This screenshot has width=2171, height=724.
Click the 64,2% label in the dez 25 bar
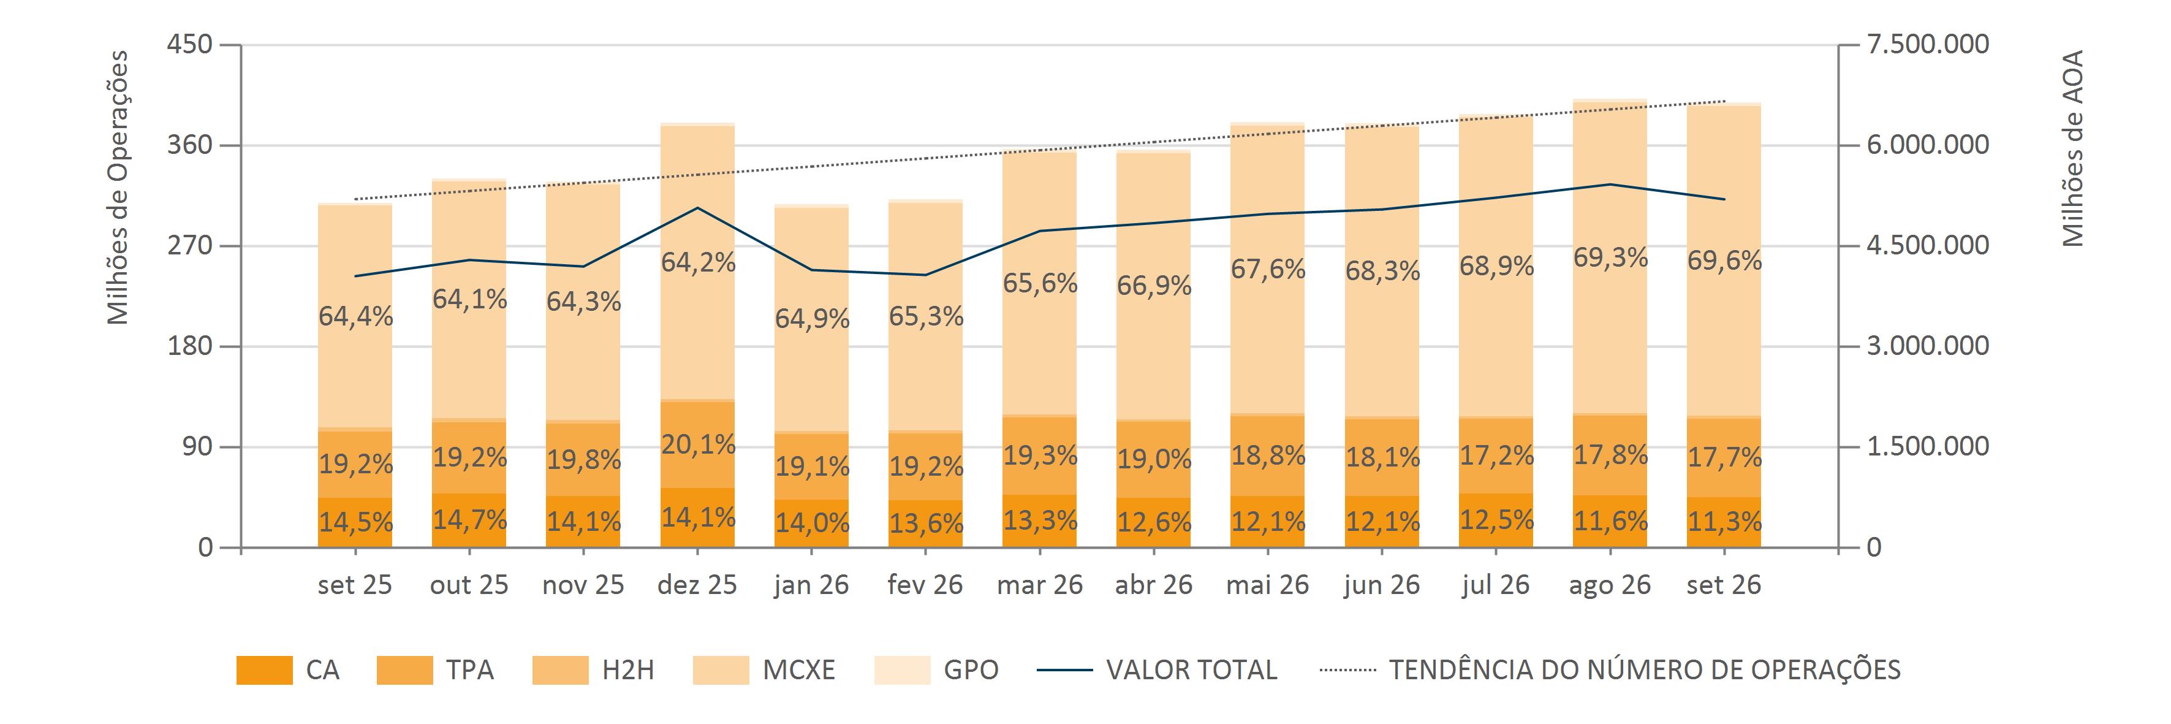pyautogui.click(x=698, y=263)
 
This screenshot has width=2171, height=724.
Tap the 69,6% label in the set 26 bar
pyautogui.click(x=1724, y=261)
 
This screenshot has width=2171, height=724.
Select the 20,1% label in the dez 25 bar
pyautogui.click(x=698, y=444)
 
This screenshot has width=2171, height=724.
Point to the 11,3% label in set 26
pyautogui.click(x=1724, y=522)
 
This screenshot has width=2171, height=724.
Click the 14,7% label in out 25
pyautogui.click(x=469, y=519)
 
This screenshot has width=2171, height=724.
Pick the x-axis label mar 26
pyautogui.click(x=1039, y=585)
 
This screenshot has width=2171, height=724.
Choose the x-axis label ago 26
pyautogui.click(x=1610, y=585)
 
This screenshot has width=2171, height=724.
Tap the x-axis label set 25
pyautogui.click(x=355, y=585)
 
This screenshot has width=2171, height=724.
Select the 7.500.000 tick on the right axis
pyautogui.click(x=1928, y=44)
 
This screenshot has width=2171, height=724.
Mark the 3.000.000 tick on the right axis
pyautogui.click(x=1928, y=346)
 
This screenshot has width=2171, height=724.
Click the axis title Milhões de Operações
pyautogui.click(x=118, y=187)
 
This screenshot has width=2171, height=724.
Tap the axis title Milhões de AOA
pyautogui.click(x=2072, y=148)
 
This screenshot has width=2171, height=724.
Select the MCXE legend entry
pyautogui.click(x=763, y=670)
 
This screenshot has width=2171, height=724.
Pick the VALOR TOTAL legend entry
pyautogui.click(x=1157, y=670)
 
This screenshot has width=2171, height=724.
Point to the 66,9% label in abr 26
pyautogui.click(x=1154, y=286)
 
